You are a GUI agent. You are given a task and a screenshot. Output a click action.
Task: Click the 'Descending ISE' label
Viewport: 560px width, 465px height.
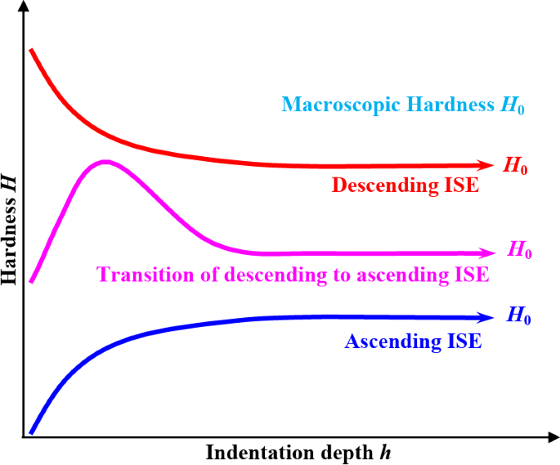coord(405,186)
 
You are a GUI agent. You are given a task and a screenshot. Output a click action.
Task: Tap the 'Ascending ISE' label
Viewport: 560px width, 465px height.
coord(413,342)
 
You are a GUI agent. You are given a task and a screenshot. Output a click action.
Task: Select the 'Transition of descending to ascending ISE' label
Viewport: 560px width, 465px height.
coord(293,275)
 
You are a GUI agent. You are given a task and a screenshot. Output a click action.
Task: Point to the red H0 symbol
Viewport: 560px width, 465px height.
coord(516,166)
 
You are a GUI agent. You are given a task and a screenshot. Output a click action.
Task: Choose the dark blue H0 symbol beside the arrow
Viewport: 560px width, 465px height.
coord(519,316)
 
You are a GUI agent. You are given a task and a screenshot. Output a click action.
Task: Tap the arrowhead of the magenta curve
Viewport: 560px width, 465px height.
coord(491,253)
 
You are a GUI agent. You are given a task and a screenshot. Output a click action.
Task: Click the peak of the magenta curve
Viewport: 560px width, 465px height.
coord(105,162)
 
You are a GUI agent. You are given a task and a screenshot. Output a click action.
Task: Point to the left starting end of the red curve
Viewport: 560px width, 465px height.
coord(31,50)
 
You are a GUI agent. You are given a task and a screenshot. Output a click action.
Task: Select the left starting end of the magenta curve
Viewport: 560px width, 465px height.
coord(31,282)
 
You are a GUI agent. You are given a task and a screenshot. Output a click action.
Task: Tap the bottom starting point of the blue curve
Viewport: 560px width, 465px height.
coord(31,432)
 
